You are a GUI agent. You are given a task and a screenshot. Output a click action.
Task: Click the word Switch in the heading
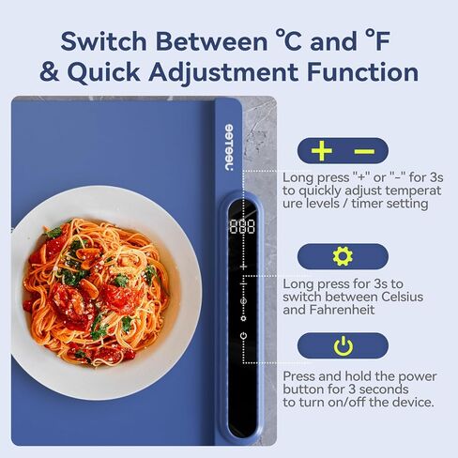pyautogui.click(x=103, y=41)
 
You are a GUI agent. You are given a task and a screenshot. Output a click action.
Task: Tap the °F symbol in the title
pyautogui.click(x=378, y=40)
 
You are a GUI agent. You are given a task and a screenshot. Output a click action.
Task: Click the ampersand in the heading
pyautogui.click(x=50, y=71)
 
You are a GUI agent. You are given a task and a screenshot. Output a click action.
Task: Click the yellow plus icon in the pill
pyautogui.click(x=321, y=151)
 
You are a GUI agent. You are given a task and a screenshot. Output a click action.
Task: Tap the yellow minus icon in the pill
pyautogui.click(x=364, y=151)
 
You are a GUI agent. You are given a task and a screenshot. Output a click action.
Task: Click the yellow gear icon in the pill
pyautogui.click(x=343, y=256)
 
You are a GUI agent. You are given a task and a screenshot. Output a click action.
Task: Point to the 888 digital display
pyautogui.click(x=242, y=226)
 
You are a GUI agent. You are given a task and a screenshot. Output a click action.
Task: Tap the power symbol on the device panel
pyautogui.click(x=243, y=336)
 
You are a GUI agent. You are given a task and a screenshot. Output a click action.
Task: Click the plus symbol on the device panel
pyautogui.click(x=243, y=267)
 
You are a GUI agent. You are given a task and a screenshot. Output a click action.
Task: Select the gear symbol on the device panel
pyautogui.click(x=243, y=318)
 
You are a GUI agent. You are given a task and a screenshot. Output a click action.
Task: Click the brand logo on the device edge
pyautogui.click(x=229, y=147)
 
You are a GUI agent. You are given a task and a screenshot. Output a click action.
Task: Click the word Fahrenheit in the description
pyautogui.click(x=342, y=310)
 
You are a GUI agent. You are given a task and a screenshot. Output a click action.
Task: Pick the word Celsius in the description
pyautogui.click(x=402, y=297)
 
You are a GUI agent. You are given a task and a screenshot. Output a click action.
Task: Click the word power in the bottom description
pyautogui.click(x=418, y=376)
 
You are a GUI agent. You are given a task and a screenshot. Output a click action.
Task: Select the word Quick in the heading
pyautogui.click(x=103, y=72)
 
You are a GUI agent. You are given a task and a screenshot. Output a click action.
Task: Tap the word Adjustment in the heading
pyautogui.click(x=223, y=72)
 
